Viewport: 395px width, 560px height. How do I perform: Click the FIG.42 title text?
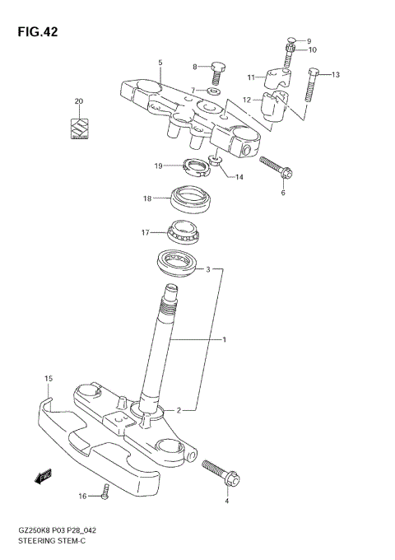[x=36, y=31]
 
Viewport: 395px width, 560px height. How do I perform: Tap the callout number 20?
[x=79, y=102]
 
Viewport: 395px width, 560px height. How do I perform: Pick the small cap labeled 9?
[x=291, y=40]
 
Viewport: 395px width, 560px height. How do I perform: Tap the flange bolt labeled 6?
[x=276, y=168]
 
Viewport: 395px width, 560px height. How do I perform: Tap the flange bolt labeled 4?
[x=219, y=473]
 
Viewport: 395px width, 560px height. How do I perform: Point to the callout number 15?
[x=49, y=378]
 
